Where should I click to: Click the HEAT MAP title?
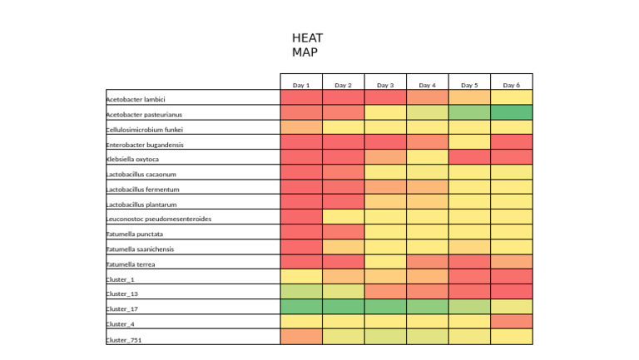pos(307,45)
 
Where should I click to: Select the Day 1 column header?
pos(301,85)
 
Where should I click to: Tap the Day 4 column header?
pos(427,85)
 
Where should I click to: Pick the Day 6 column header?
pos(511,85)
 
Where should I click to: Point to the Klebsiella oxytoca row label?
pos(132,159)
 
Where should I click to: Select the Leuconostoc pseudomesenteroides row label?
pos(158,219)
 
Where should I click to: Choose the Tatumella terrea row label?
pos(131,264)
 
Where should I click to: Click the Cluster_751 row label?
pos(124,339)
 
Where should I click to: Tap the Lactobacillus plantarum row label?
pos(141,204)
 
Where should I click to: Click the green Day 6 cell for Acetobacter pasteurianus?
pos(511,112)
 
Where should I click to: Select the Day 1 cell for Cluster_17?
pos(301,307)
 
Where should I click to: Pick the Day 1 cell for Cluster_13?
pos(301,292)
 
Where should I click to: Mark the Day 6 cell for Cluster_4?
pos(511,322)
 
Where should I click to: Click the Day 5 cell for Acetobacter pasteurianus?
pos(469,112)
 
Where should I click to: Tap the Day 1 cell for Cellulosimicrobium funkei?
pos(301,127)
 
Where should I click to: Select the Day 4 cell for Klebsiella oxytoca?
pos(427,157)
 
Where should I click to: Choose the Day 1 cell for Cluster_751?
pos(301,337)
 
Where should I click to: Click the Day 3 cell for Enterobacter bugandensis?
pos(385,142)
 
